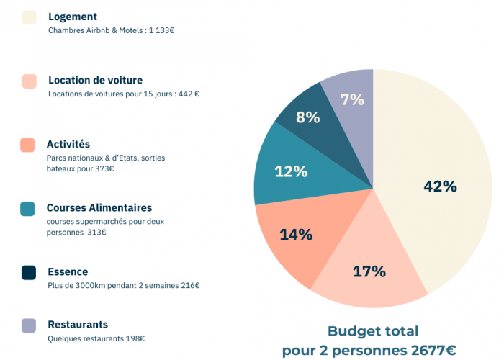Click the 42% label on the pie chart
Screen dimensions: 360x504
coord(441,186)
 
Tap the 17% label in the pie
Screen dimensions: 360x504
coord(369,271)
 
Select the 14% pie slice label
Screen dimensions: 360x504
coord(296,234)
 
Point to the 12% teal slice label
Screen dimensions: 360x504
coord(291,171)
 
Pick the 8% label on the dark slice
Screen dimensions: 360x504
coord(307,117)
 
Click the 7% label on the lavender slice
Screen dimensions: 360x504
coord(353,100)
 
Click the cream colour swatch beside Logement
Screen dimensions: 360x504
coord(30,17)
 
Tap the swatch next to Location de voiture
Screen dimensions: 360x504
coord(30,81)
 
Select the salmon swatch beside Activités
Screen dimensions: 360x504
coord(28,145)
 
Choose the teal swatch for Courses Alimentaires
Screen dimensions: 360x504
coord(28,209)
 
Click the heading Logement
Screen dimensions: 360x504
coord(73,17)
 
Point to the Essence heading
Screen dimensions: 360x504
coord(68,272)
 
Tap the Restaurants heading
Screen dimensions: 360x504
coord(78,325)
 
